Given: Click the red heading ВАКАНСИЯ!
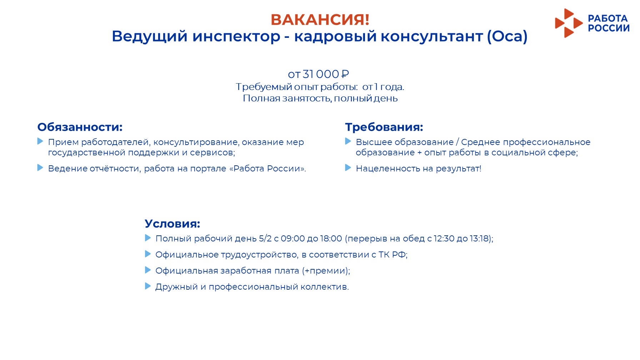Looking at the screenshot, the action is tap(320, 20).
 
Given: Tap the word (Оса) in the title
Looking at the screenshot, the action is tap(507, 36).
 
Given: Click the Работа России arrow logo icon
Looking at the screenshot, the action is tap(569, 23).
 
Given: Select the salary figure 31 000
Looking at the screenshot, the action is tap(321, 74).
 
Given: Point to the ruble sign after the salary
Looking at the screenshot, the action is tap(345, 74).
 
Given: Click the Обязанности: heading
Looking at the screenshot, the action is tap(80, 127).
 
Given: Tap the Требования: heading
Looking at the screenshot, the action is tap(384, 127).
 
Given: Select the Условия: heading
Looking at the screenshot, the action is tap(172, 224).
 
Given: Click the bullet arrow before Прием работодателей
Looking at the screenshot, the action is tap(40, 141).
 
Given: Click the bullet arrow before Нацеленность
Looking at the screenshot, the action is tap(348, 168).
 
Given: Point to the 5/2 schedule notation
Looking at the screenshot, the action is tap(265, 239).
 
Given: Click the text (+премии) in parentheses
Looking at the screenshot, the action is tap(325, 271).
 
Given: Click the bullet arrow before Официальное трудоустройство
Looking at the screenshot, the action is tap(148, 254).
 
